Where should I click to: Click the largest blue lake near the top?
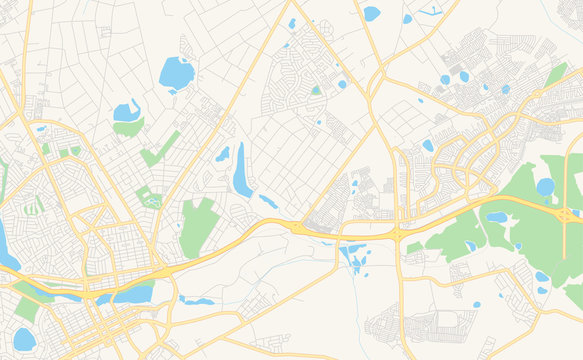[176, 73]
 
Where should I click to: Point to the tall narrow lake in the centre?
[241, 171]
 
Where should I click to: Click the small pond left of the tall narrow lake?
[222, 154]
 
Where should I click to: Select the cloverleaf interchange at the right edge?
[567, 214]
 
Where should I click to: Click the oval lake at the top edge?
[372, 13]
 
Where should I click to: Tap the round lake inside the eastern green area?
[545, 187]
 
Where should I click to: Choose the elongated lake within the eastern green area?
[497, 217]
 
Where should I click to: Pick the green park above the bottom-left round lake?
[27, 304]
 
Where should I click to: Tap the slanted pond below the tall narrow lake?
[268, 202]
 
